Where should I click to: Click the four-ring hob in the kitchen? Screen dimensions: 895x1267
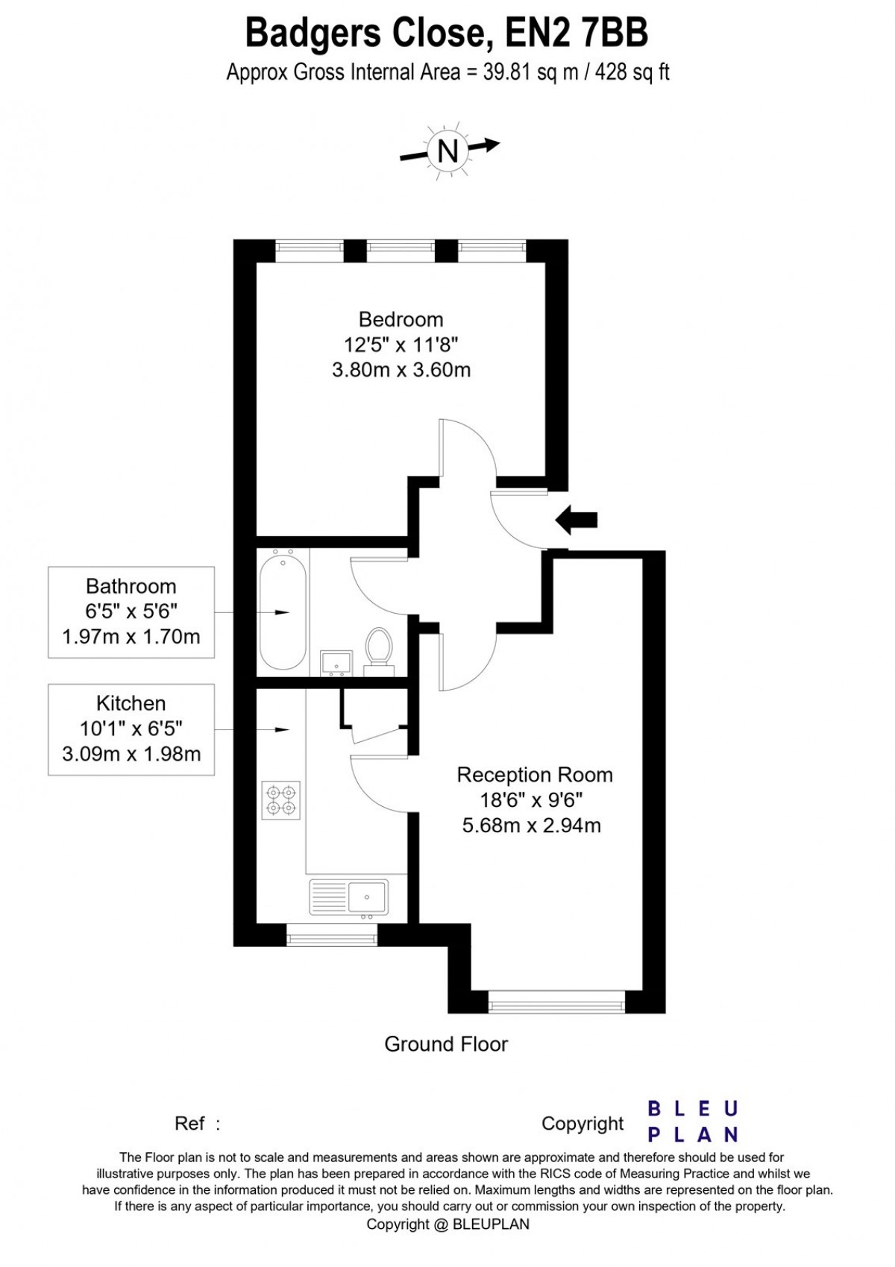coord(281,800)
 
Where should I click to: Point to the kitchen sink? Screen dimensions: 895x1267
coord(349,897)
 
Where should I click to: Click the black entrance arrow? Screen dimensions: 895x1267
coord(576,520)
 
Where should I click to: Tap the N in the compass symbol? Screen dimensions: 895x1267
coord(447,151)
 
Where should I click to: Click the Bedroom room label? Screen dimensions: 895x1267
coord(401,320)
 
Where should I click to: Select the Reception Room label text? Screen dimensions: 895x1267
coord(535,774)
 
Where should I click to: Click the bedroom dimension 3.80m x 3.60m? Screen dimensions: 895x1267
coord(401,370)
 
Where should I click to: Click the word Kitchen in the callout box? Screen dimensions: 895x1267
coord(131,703)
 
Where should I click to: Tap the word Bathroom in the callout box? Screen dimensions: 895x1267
coord(131,586)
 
